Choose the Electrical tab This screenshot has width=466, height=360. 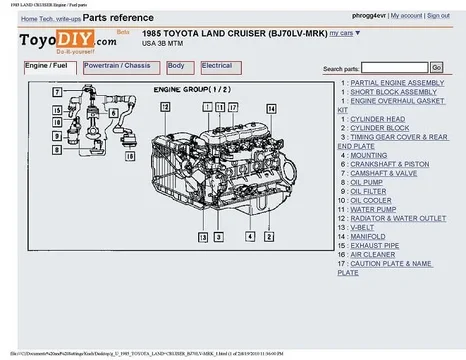click(219, 66)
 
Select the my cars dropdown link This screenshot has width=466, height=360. click(343, 33)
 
